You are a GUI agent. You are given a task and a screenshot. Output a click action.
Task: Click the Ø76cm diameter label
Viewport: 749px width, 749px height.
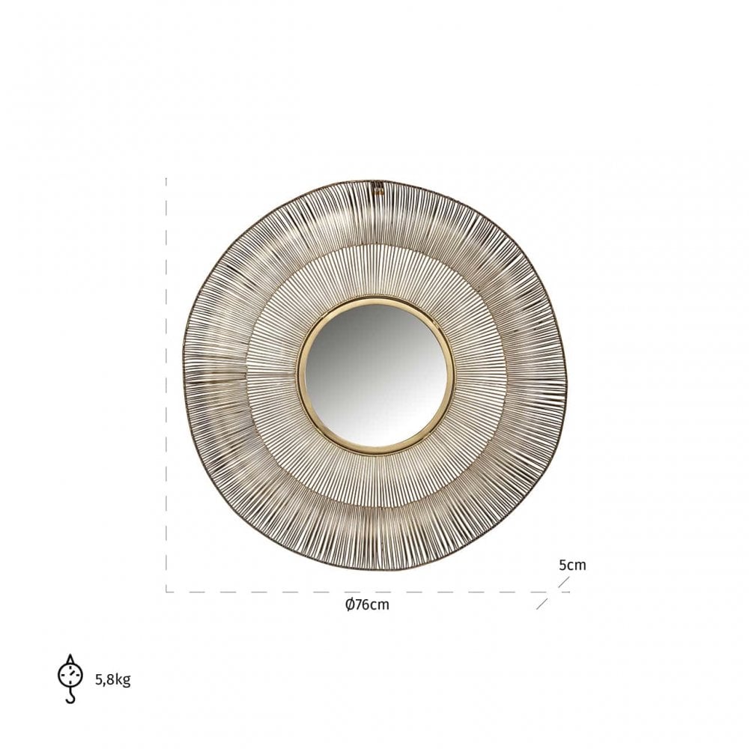click(367, 604)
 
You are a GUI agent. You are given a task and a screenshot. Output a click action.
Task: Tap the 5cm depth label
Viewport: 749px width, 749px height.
click(572, 565)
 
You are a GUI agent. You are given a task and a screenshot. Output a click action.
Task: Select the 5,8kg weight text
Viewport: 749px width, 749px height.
click(113, 679)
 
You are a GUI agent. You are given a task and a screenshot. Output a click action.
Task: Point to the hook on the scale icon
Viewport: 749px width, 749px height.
click(70, 697)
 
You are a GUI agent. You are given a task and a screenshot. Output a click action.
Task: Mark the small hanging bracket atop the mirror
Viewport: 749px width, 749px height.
click(379, 187)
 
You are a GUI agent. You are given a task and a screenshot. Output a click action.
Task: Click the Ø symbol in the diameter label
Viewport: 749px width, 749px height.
click(349, 604)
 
